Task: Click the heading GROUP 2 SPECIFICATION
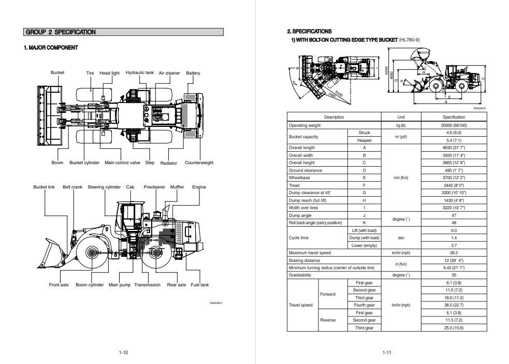[61, 32]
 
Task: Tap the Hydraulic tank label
[140, 73]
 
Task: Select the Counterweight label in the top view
[199, 163]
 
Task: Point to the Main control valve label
[122, 163]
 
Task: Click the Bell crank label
[72, 187]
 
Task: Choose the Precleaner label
[154, 187]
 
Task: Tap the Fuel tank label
[200, 285]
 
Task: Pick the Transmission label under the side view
[147, 285]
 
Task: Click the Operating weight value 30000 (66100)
[454, 125]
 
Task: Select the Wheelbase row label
[299, 178]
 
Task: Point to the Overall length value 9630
[454, 148]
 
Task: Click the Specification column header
[454, 117]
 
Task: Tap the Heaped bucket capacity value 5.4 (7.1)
[454, 140]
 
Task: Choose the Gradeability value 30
[454, 275]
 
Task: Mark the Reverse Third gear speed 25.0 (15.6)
[454, 328]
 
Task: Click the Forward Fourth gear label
[364, 305]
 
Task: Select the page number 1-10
[123, 353]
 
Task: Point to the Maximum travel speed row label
[310, 253]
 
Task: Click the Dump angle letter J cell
[364, 215]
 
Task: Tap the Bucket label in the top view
[57, 73]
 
